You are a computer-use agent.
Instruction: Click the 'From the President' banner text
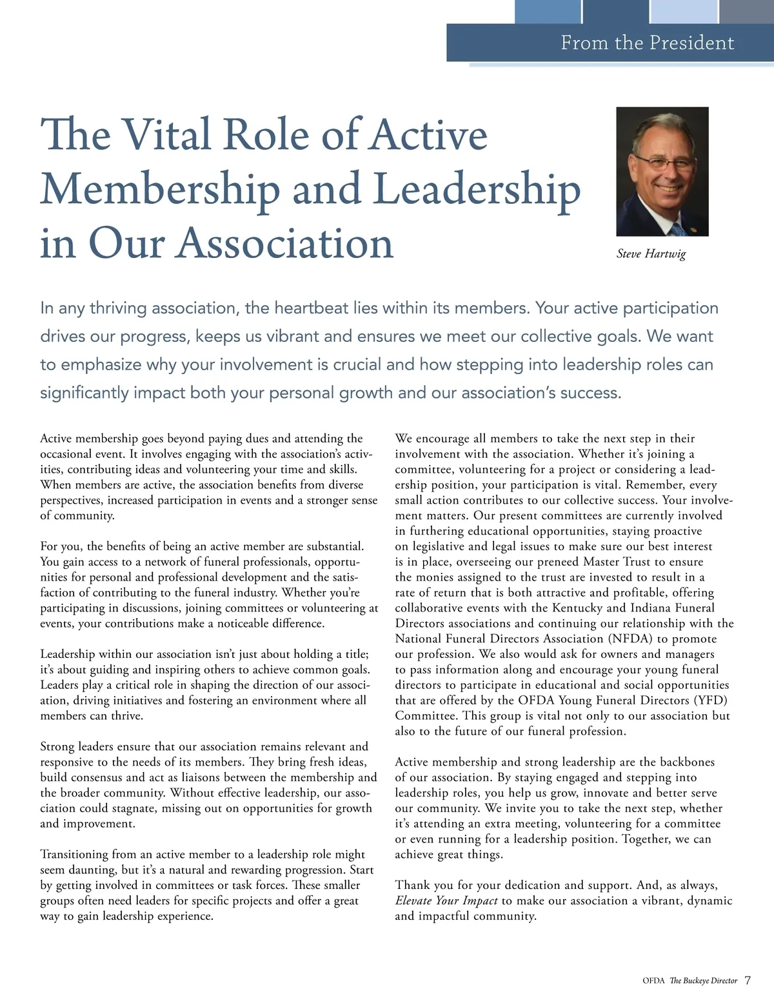(x=647, y=43)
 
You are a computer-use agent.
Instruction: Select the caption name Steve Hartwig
(x=651, y=254)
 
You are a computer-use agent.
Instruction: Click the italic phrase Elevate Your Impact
(x=446, y=901)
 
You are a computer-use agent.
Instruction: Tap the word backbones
(x=686, y=762)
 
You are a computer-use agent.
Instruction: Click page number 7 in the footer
(x=748, y=980)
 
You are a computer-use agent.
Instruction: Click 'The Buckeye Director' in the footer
(x=703, y=981)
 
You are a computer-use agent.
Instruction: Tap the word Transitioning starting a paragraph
(x=74, y=854)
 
